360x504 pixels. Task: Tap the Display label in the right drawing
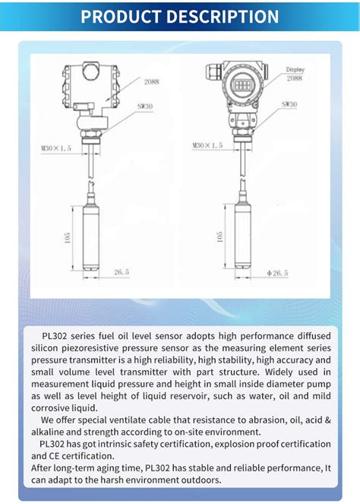(x=295, y=69)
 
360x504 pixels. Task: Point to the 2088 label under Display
(x=295, y=78)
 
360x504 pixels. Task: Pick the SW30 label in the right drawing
(x=289, y=104)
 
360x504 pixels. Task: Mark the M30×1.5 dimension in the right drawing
(x=207, y=144)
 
